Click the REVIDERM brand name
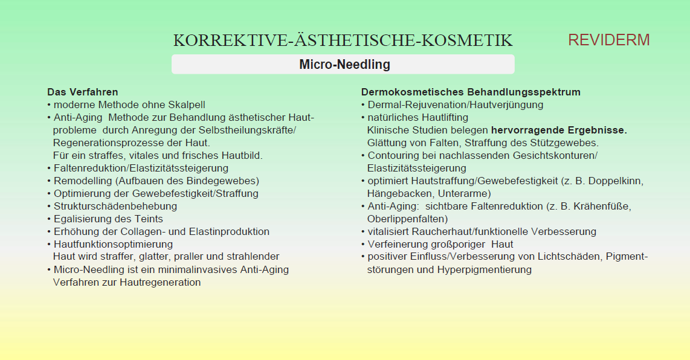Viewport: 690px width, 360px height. click(608, 40)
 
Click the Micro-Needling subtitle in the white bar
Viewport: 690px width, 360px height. click(344, 64)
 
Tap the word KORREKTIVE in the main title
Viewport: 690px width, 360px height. click(230, 40)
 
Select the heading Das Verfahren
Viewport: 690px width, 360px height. click(83, 92)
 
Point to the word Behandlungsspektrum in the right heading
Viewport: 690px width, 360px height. click(524, 92)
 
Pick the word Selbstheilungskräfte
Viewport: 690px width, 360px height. click(246, 130)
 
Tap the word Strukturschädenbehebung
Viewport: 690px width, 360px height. click(115, 206)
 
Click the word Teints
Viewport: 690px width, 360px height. click(149, 219)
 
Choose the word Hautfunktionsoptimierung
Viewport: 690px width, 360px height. click(113, 244)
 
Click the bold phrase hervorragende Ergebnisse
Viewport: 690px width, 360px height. click(559, 130)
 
